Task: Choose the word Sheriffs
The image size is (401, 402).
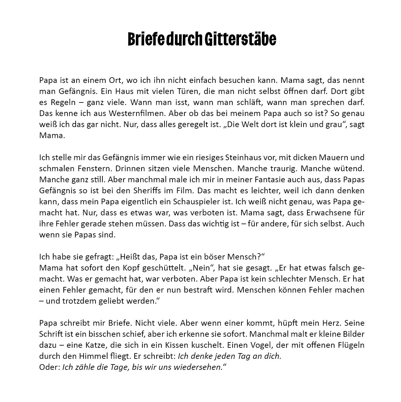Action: [172, 190]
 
